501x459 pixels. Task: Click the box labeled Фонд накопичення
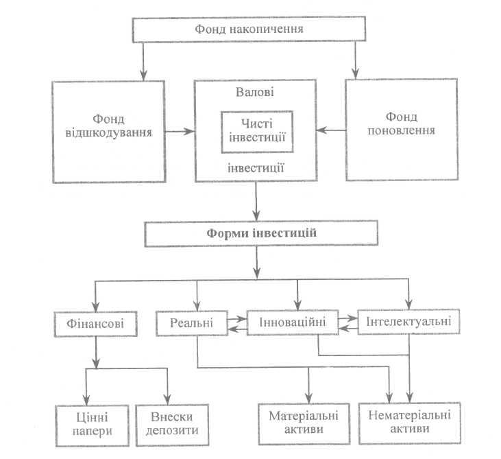[x=249, y=29]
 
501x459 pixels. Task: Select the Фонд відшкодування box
[x=109, y=132]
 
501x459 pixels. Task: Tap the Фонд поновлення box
[x=402, y=130]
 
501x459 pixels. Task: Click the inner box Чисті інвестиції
[x=257, y=132]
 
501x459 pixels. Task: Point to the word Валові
[x=255, y=92]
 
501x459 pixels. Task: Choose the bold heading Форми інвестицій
[x=261, y=233]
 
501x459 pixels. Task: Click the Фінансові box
[x=95, y=324]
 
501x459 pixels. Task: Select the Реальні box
[x=192, y=322]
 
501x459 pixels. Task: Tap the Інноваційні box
[x=293, y=322]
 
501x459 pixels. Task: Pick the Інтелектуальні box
[x=408, y=322]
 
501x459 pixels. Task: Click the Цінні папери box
[x=93, y=425]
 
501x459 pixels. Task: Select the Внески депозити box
[x=172, y=425]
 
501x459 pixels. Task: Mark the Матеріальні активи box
[x=304, y=424]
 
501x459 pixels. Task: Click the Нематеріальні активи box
[x=410, y=423]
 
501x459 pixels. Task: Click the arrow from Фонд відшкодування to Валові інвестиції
[x=180, y=131]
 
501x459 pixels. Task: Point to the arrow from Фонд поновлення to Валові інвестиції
[x=331, y=130]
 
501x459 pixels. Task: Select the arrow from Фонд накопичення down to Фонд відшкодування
[x=143, y=62]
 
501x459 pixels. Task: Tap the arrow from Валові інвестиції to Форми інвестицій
[x=256, y=201]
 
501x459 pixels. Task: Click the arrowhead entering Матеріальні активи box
[x=308, y=399]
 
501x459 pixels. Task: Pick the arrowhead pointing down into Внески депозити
[x=167, y=399]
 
